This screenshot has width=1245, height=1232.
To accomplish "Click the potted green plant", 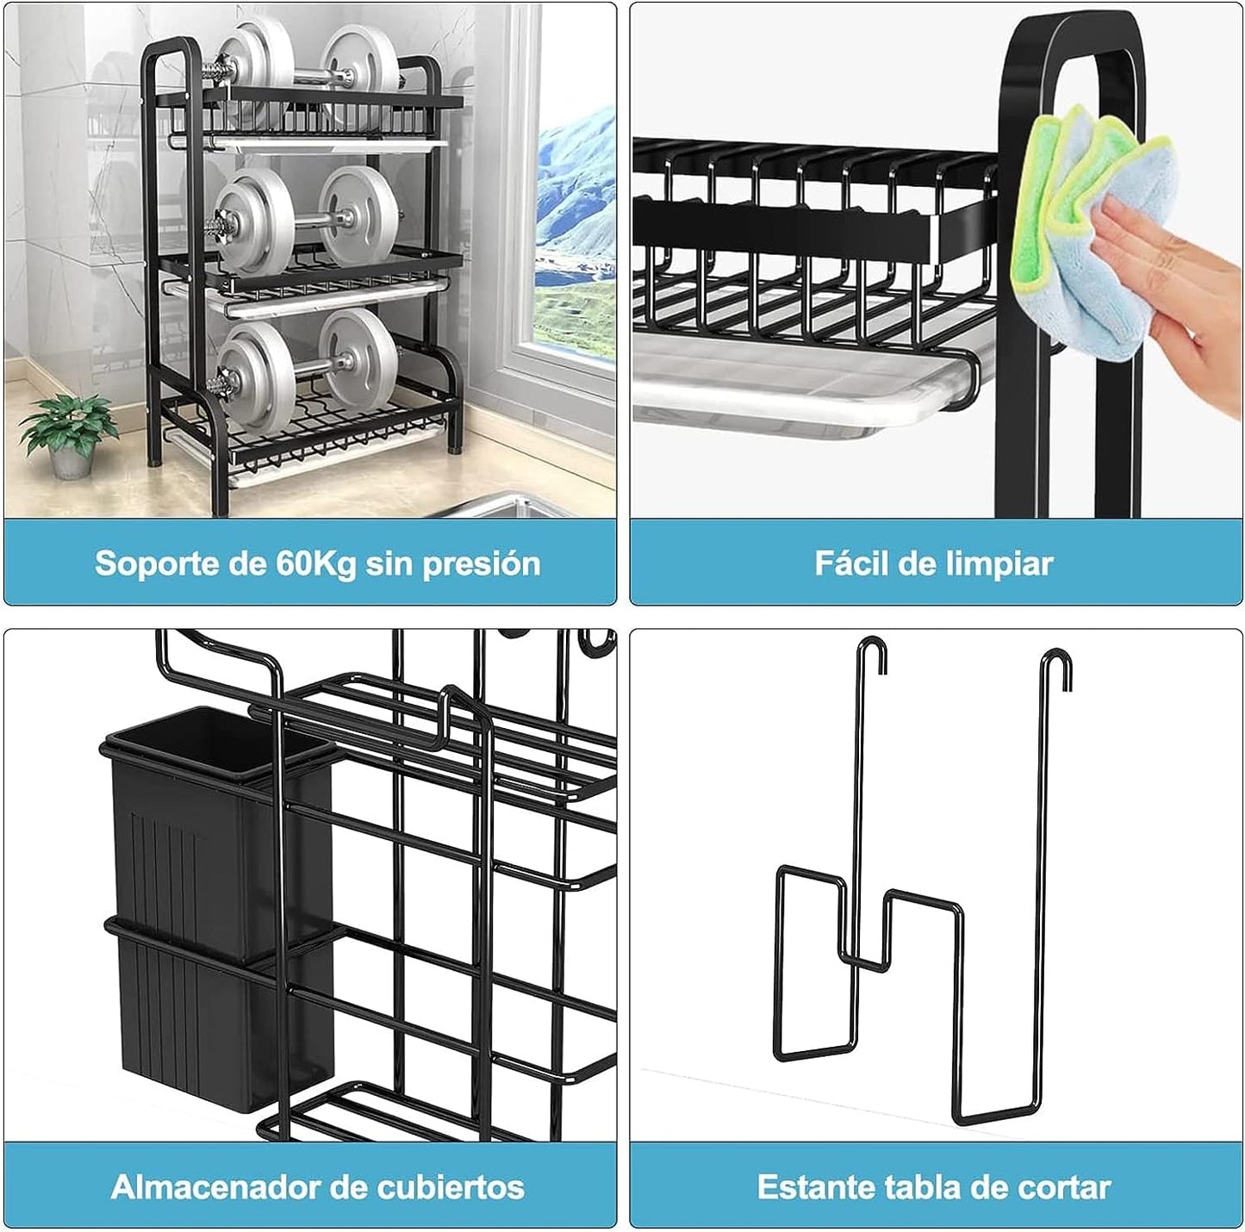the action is click(x=68, y=432).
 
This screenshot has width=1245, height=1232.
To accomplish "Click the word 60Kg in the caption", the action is click(x=316, y=563).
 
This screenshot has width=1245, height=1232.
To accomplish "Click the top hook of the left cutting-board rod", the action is click(x=873, y=653).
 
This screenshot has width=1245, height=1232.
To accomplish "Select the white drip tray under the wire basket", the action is click(x=805, y=381).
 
